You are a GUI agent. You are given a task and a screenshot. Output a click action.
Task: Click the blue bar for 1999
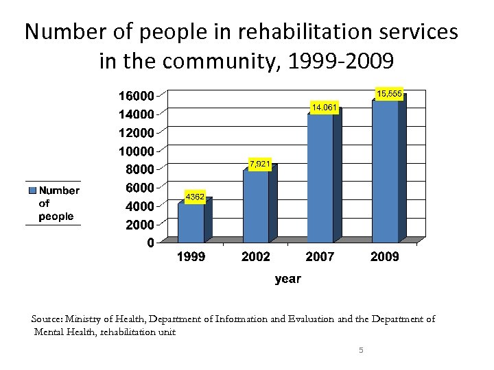tap(191, 222)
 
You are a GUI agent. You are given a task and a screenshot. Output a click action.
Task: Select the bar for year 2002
tap(255, 206)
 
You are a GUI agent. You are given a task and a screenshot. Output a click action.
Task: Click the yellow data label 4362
tap(195, 197)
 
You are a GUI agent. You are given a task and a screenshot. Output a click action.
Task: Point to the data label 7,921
tap(260, 164)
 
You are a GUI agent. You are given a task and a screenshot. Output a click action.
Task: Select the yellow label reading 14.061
tap(324, 108)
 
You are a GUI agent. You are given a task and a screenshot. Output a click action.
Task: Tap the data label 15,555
tap(389, 94)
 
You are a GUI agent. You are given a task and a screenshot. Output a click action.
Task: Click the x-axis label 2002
tap(255, 257)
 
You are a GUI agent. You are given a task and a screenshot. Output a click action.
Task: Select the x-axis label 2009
tap(384, 257)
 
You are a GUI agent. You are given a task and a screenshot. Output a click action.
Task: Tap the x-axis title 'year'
tap(287, 279)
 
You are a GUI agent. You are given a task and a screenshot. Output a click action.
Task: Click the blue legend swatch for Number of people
tap(32, 190)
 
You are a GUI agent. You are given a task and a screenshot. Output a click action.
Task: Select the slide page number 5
tap(361, 351)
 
